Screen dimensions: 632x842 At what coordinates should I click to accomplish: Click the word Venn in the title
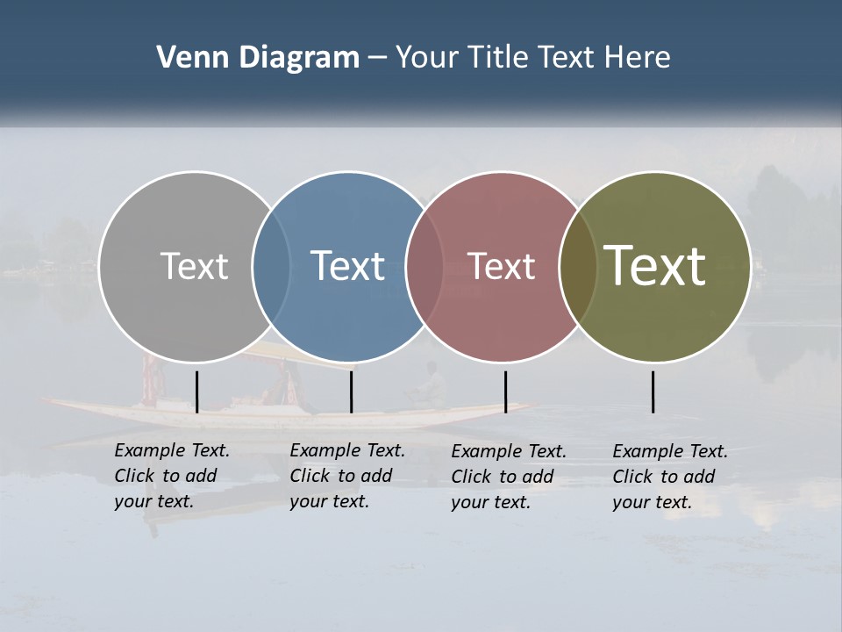[x=187, y=58]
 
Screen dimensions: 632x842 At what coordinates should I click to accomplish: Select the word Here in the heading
[x=638, y=58]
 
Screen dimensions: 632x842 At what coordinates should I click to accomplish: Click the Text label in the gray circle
[x=194, y=266]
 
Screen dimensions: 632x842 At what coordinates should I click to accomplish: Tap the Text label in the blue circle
[x=347, y=266]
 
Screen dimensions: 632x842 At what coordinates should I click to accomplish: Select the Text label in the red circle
[x=501, y=266]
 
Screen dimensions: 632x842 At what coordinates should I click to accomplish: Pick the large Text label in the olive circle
[x=655, y=266]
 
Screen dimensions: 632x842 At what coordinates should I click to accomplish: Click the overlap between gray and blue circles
[x=271, y=266]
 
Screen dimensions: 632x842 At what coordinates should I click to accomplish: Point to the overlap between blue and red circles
[x=425, y=266]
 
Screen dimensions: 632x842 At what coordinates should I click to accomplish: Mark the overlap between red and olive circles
[x=576, y=266]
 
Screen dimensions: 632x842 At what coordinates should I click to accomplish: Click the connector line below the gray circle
[x=196, y=391]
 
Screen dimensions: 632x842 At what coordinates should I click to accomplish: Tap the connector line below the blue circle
[x=351, y=391]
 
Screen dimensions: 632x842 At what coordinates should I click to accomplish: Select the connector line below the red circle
[x=505, y=391]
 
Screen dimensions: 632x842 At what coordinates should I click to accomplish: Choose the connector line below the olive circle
[x=653, y=391]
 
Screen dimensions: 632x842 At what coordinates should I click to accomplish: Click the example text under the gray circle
[x=171, y=476]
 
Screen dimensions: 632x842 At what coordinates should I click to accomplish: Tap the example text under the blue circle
[x=346, y=476]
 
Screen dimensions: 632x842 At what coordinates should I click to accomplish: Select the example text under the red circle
[x=508, y=477]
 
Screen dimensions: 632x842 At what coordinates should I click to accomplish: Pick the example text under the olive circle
[x=669, y=477]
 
